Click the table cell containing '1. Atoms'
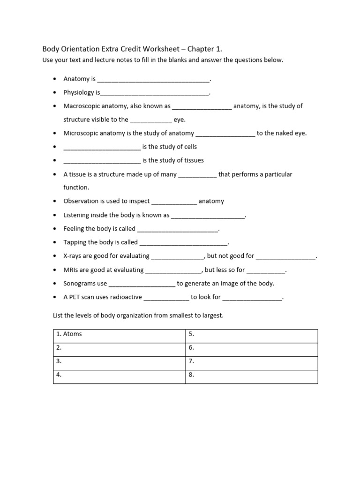[119, 334]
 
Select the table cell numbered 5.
[251, 334]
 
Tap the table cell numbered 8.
[251, 375]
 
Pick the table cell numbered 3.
[119, 361]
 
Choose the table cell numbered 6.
[251, 348]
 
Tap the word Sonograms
[79, 284]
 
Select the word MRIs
[71, 270]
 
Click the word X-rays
[73, 256]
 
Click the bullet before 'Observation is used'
[55, 202]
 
